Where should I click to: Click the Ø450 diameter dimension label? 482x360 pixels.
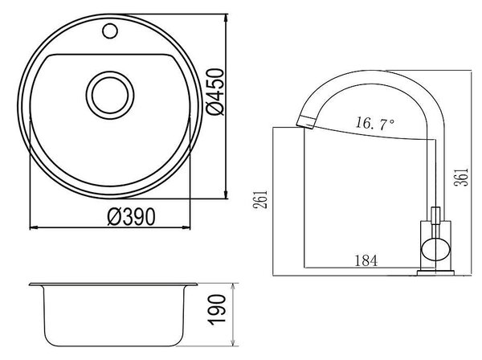(x=215, y=92)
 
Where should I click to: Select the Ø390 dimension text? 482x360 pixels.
(x=131, y=217)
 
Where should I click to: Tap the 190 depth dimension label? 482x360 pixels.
(x=217, y=310)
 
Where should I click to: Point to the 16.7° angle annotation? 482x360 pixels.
(x=374, y=123)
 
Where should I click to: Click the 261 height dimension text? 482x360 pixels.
(x=260, y=200)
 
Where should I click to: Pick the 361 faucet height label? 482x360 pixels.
(x=461, y=177)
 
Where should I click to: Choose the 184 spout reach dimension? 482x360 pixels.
(x=366, y=260)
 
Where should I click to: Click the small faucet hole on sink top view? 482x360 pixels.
(x=110, y=31)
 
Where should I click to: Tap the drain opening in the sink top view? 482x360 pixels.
(x=110, y=96)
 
